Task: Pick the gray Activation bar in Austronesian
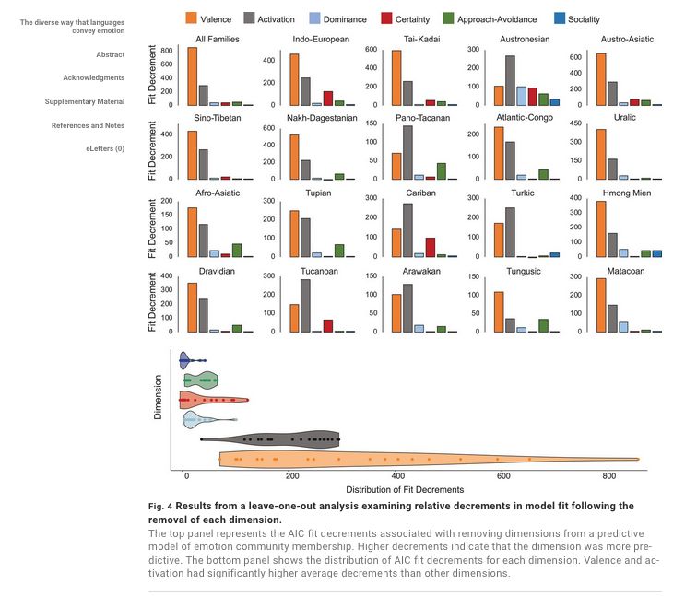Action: [510, 81]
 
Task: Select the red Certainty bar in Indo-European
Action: [327, 98]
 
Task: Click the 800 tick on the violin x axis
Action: [608, 477]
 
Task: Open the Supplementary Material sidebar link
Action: [84, 101]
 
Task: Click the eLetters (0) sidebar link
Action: [105, 148]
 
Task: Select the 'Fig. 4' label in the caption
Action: [161, 506]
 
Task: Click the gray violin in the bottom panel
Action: [277, 439]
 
